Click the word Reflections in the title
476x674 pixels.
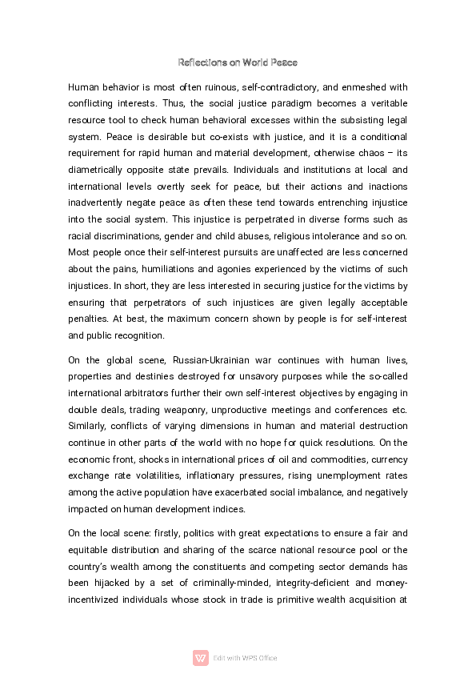200,62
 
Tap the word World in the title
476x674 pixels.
258,62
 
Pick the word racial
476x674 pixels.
81,236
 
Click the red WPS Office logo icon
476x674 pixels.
201,658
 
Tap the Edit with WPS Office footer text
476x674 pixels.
245,658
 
